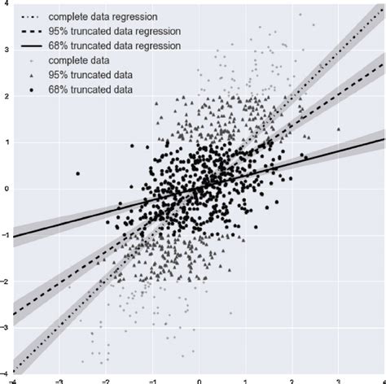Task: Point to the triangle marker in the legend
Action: (x=32, y=76)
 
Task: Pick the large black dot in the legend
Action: (x=32, y=90)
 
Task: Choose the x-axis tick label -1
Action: (x=151, y=379)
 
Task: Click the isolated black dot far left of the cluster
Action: (x=77, y=173)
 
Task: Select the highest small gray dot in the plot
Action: (x=300, y=15)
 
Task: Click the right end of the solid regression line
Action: (x=384, y=139)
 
